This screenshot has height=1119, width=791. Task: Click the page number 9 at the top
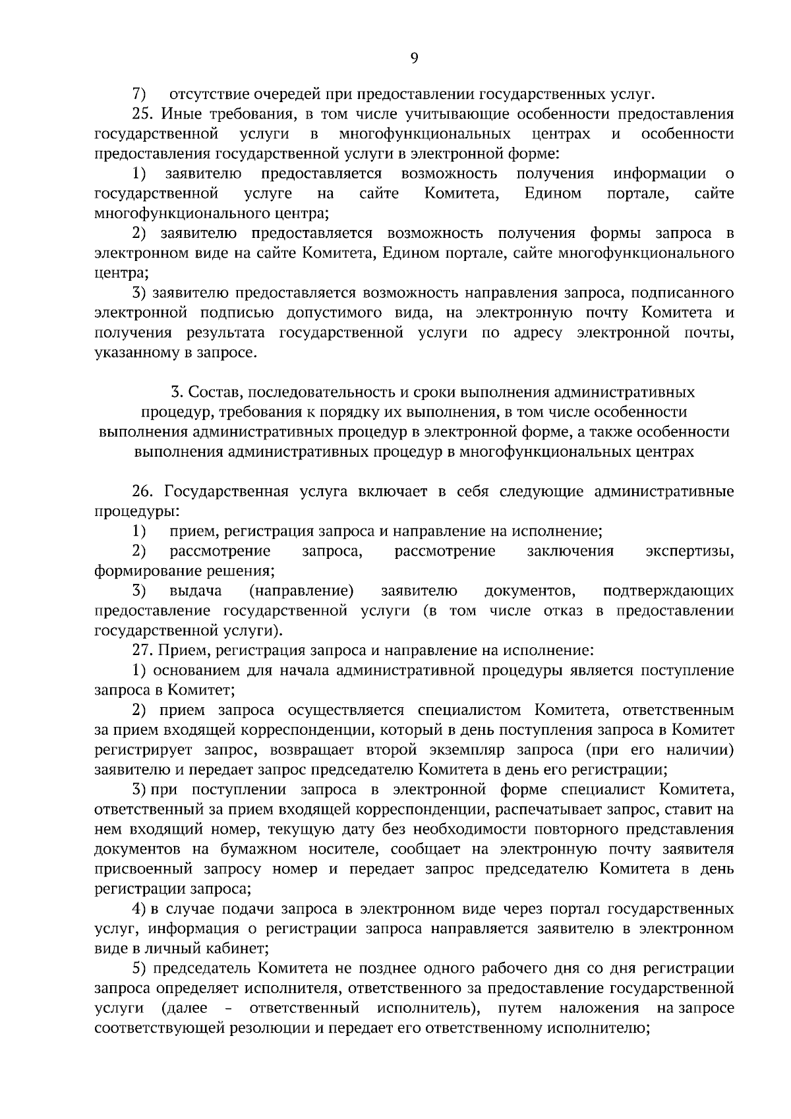[413, 59]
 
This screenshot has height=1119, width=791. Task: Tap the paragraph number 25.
[144, 114]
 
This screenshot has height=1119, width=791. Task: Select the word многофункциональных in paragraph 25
[425, 134]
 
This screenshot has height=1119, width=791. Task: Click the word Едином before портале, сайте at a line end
[553, 194]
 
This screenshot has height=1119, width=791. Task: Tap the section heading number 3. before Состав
[176, 392]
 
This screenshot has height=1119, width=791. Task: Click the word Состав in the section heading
[216, 392]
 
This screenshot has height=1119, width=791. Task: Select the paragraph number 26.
[144, 492]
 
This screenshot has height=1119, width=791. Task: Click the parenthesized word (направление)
[301, 590]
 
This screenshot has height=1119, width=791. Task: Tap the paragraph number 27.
[144, 650]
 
